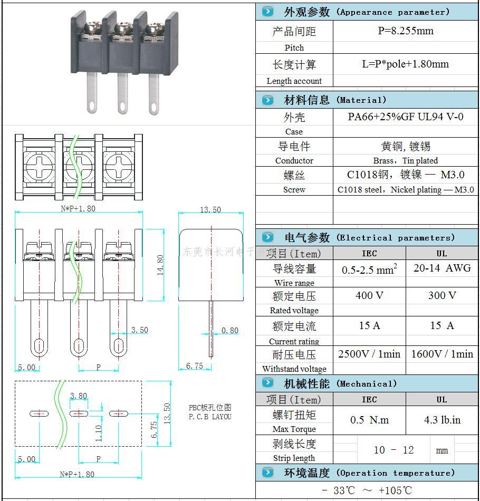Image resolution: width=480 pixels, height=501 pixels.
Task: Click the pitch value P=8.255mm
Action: tap(405, 31)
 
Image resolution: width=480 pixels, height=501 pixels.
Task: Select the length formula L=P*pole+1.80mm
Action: tap(405, 64)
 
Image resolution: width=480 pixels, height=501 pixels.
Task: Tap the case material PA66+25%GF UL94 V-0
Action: tap(405, 117)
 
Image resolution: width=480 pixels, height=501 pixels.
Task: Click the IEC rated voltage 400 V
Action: tap(369, 295)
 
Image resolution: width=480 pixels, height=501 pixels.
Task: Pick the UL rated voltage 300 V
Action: tap(442, 295)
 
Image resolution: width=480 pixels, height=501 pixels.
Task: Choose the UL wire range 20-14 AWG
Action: tap(442, 268)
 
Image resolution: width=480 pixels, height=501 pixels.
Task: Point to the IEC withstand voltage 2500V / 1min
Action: tap(369, 354)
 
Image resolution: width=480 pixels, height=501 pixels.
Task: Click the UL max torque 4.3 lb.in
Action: tap(442, 420)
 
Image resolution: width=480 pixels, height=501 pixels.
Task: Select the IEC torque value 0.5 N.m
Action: tap(369, 420)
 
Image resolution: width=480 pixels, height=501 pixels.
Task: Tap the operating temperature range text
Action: tap(367, 490)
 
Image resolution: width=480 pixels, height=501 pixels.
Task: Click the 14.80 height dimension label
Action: tap(160, 265)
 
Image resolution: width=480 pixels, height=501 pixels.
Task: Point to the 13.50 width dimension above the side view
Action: tap(210, 210)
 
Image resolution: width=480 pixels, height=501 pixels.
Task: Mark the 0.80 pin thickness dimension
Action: tap(230, 331)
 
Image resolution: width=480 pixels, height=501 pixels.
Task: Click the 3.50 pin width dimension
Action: tap(140, 330)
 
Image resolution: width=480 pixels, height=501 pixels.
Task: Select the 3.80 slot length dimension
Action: tap(79, 396)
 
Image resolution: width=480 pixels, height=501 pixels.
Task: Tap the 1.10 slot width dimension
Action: tap(98, 433)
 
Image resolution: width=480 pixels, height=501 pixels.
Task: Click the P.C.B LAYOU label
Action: tap(210, 417)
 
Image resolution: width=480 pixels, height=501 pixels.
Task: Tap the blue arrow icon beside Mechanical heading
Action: tap(268, 383)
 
